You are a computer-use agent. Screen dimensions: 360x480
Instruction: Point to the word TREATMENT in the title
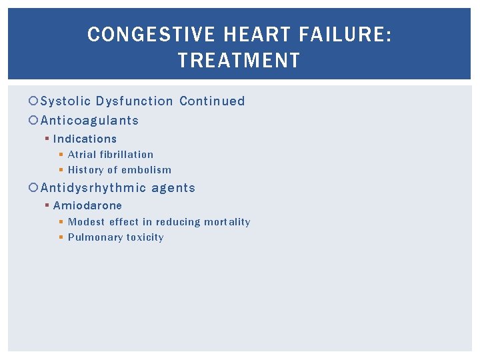(x=239, y=61)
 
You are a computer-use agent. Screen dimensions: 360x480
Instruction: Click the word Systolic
(x=65, y=101)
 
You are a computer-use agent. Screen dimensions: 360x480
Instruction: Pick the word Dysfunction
(x=134, y=101)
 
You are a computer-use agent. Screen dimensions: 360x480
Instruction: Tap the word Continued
(x=212, y=101)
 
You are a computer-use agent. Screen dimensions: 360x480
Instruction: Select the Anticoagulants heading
(x=90, y=121)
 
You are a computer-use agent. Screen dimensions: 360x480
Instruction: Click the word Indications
(x=85, y=139)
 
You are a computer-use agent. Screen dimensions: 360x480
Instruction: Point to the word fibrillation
(x=127, y=154)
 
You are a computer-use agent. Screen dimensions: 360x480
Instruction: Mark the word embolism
(x=146, y=170)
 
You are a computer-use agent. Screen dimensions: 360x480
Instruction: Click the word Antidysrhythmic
(x=93, y=188)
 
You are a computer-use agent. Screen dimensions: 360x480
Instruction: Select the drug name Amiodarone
(x=87, y=205)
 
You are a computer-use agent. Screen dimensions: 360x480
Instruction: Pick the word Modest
(x=87, y=221)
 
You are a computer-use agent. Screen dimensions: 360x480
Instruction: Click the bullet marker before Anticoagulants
(x=35, y=121)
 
